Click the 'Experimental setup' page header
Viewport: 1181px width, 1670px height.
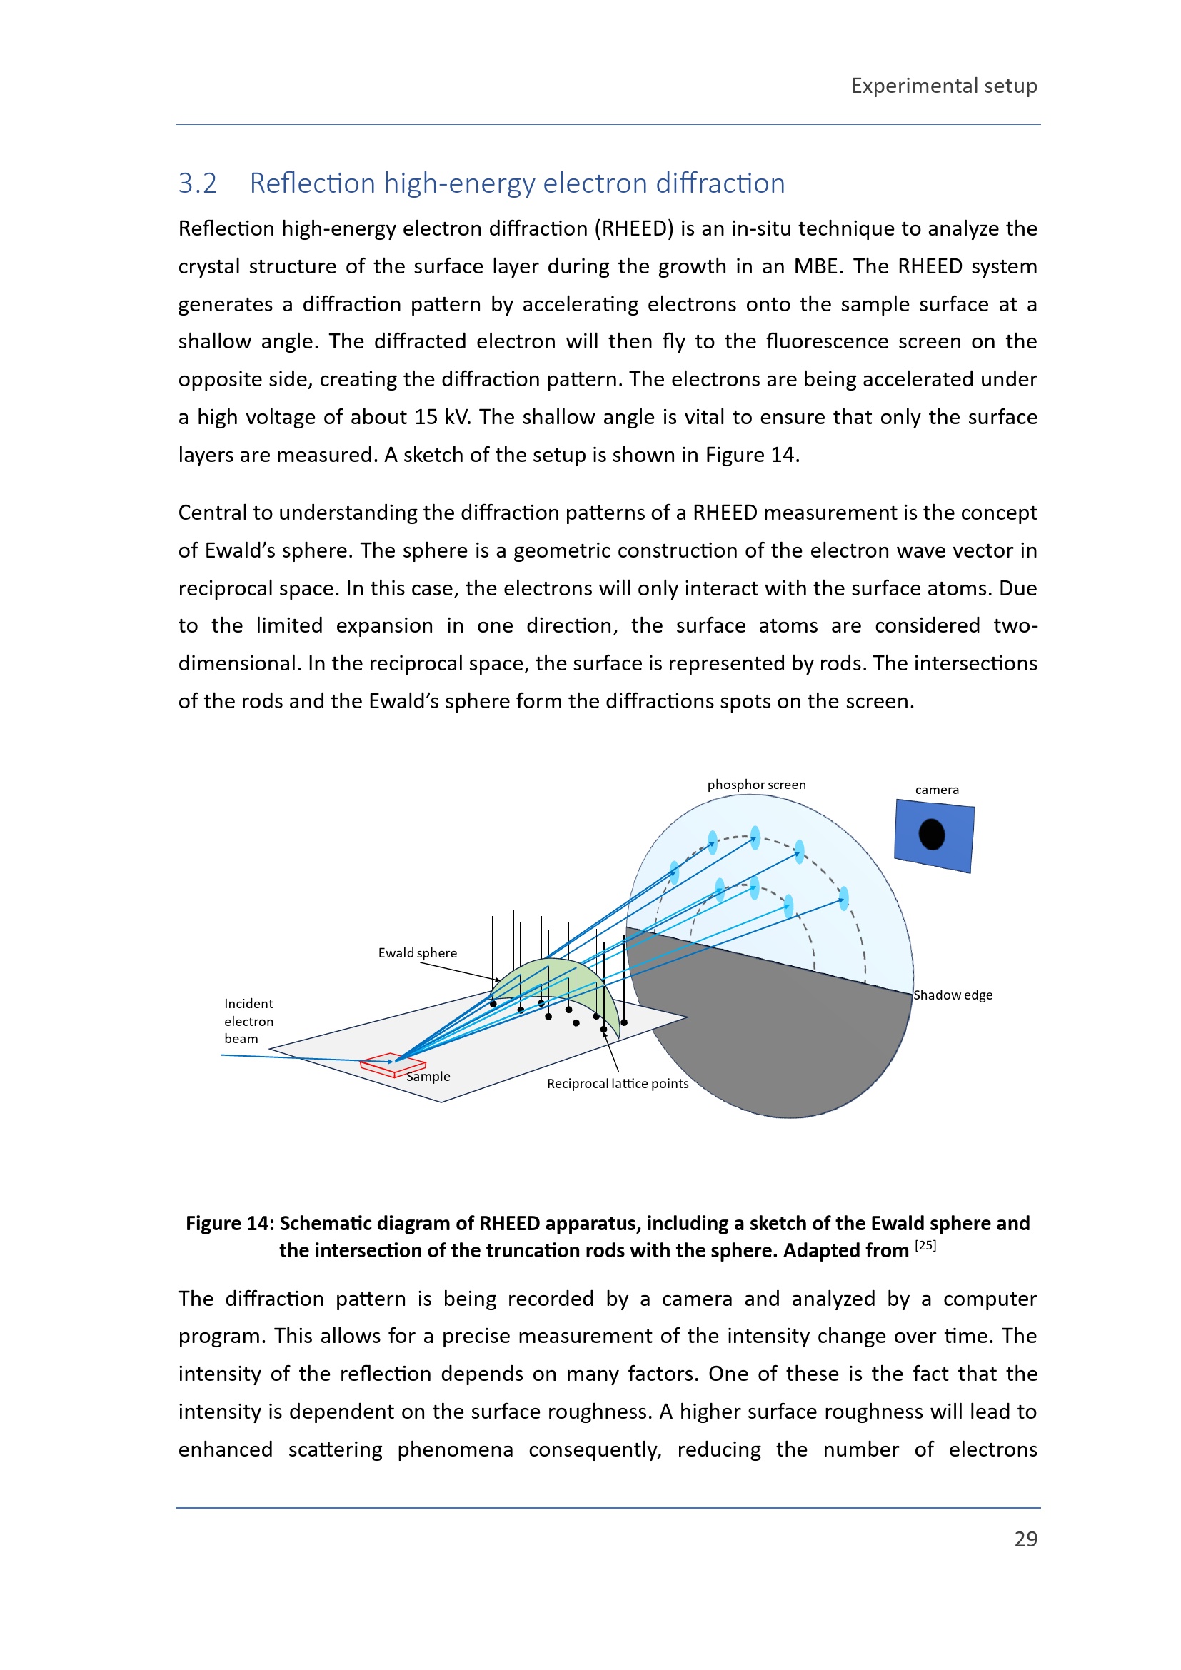pos(943,86)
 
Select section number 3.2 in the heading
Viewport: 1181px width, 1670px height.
pos(198,183)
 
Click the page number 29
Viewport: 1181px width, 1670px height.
pos(1025,1539)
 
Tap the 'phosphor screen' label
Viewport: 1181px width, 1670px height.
pos(756,785)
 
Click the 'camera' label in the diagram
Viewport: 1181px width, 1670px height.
pos(937,790)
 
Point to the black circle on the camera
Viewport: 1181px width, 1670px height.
pos(932,834)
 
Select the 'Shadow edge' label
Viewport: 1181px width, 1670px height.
pos(953,995)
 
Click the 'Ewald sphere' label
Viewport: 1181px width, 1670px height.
pos(418,953)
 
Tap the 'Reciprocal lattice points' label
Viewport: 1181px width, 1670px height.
pos(618,1084)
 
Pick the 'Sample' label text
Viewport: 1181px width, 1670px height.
pos(428,1077)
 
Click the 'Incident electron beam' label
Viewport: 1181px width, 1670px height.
pos(248,1021)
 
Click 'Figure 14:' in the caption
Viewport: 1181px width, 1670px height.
pos(230,1224)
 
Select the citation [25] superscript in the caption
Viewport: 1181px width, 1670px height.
pos(925,1245)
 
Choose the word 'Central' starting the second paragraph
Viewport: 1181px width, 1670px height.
pos(212,513)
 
